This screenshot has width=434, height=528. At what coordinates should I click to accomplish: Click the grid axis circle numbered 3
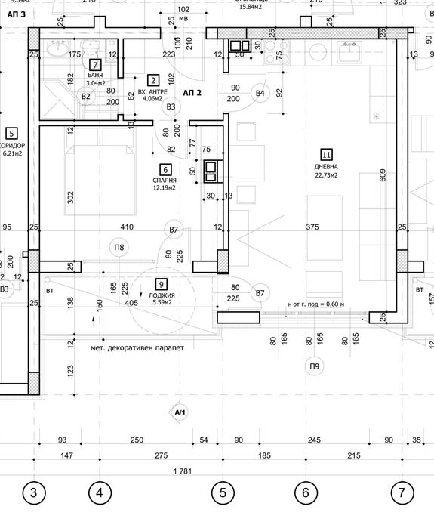pos(32,493)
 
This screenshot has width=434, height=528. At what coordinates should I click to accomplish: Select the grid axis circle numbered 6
pos(306,493)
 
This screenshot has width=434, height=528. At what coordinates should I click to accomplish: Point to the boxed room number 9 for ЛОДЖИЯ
pos(162,283)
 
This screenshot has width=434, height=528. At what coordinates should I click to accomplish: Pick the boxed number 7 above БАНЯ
pos(95,65)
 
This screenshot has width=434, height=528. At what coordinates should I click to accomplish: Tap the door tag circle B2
pos(86,96)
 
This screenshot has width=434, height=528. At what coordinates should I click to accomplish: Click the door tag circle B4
pos(260,93)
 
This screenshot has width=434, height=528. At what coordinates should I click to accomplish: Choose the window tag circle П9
pos(313,366)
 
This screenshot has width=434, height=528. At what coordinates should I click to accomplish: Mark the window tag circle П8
pos(119,246)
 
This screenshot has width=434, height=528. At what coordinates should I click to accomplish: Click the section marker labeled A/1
pos(180,413)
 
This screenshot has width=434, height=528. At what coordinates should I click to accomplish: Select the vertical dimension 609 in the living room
pos(383,176)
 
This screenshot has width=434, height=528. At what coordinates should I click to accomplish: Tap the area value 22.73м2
pos(326,175)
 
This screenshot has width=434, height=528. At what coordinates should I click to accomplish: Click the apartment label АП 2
pos(192,91)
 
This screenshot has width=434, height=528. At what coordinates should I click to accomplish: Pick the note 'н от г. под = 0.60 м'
pos(315,304)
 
